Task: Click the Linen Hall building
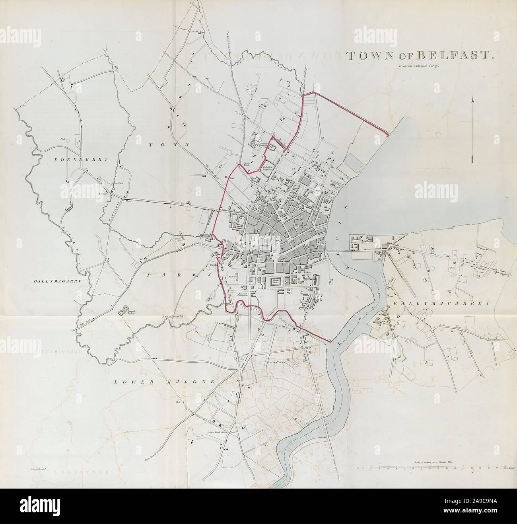pos(275,282)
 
